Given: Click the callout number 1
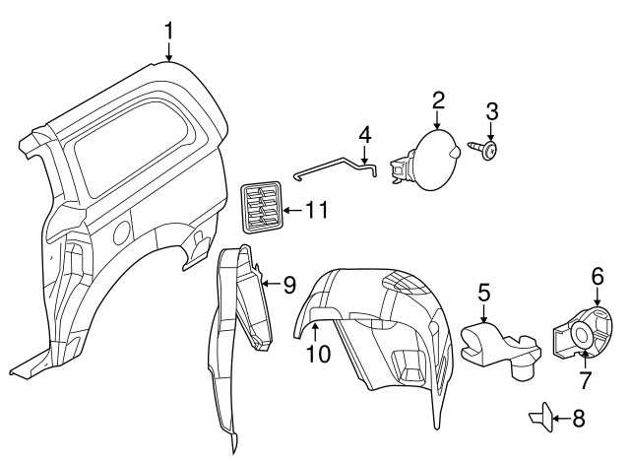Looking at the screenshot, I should point(168,31).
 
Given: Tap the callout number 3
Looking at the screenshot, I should point(492,111).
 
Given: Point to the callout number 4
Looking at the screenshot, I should point(364,133).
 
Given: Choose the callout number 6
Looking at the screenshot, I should point(597,277).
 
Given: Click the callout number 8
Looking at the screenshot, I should point(578,419).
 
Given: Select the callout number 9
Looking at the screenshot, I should point(289,285).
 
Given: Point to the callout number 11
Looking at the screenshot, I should point(316,210).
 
